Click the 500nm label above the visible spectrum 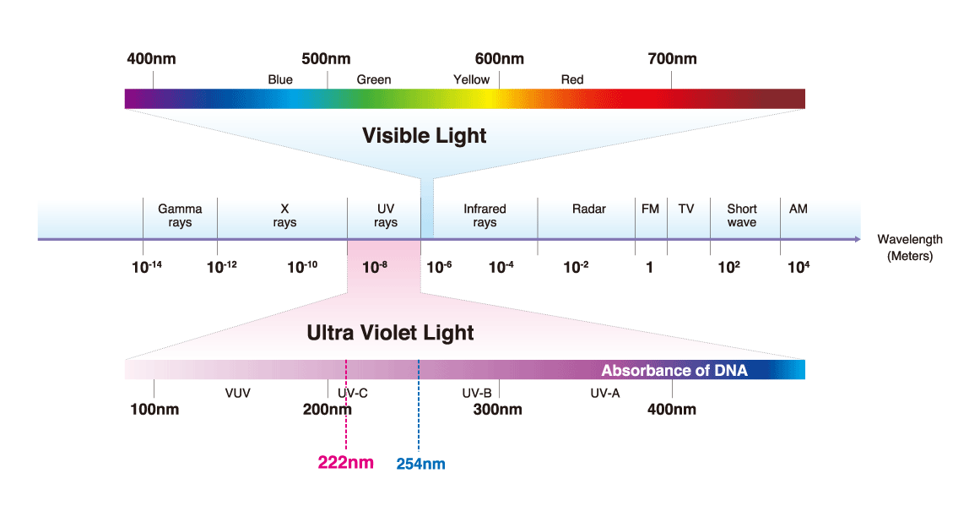326,59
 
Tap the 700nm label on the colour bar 672,59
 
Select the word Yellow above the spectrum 471,79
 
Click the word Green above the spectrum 373,79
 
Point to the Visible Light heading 424,135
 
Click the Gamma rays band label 180,215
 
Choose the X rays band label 284,215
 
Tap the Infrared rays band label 485,215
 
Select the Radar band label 588,209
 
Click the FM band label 650,209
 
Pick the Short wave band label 742,215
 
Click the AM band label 798,209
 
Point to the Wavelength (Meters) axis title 910,247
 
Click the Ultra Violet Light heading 390,333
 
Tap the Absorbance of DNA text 674,371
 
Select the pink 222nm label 346,462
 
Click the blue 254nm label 420,464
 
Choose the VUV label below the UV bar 238,393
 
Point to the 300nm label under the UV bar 497,410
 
